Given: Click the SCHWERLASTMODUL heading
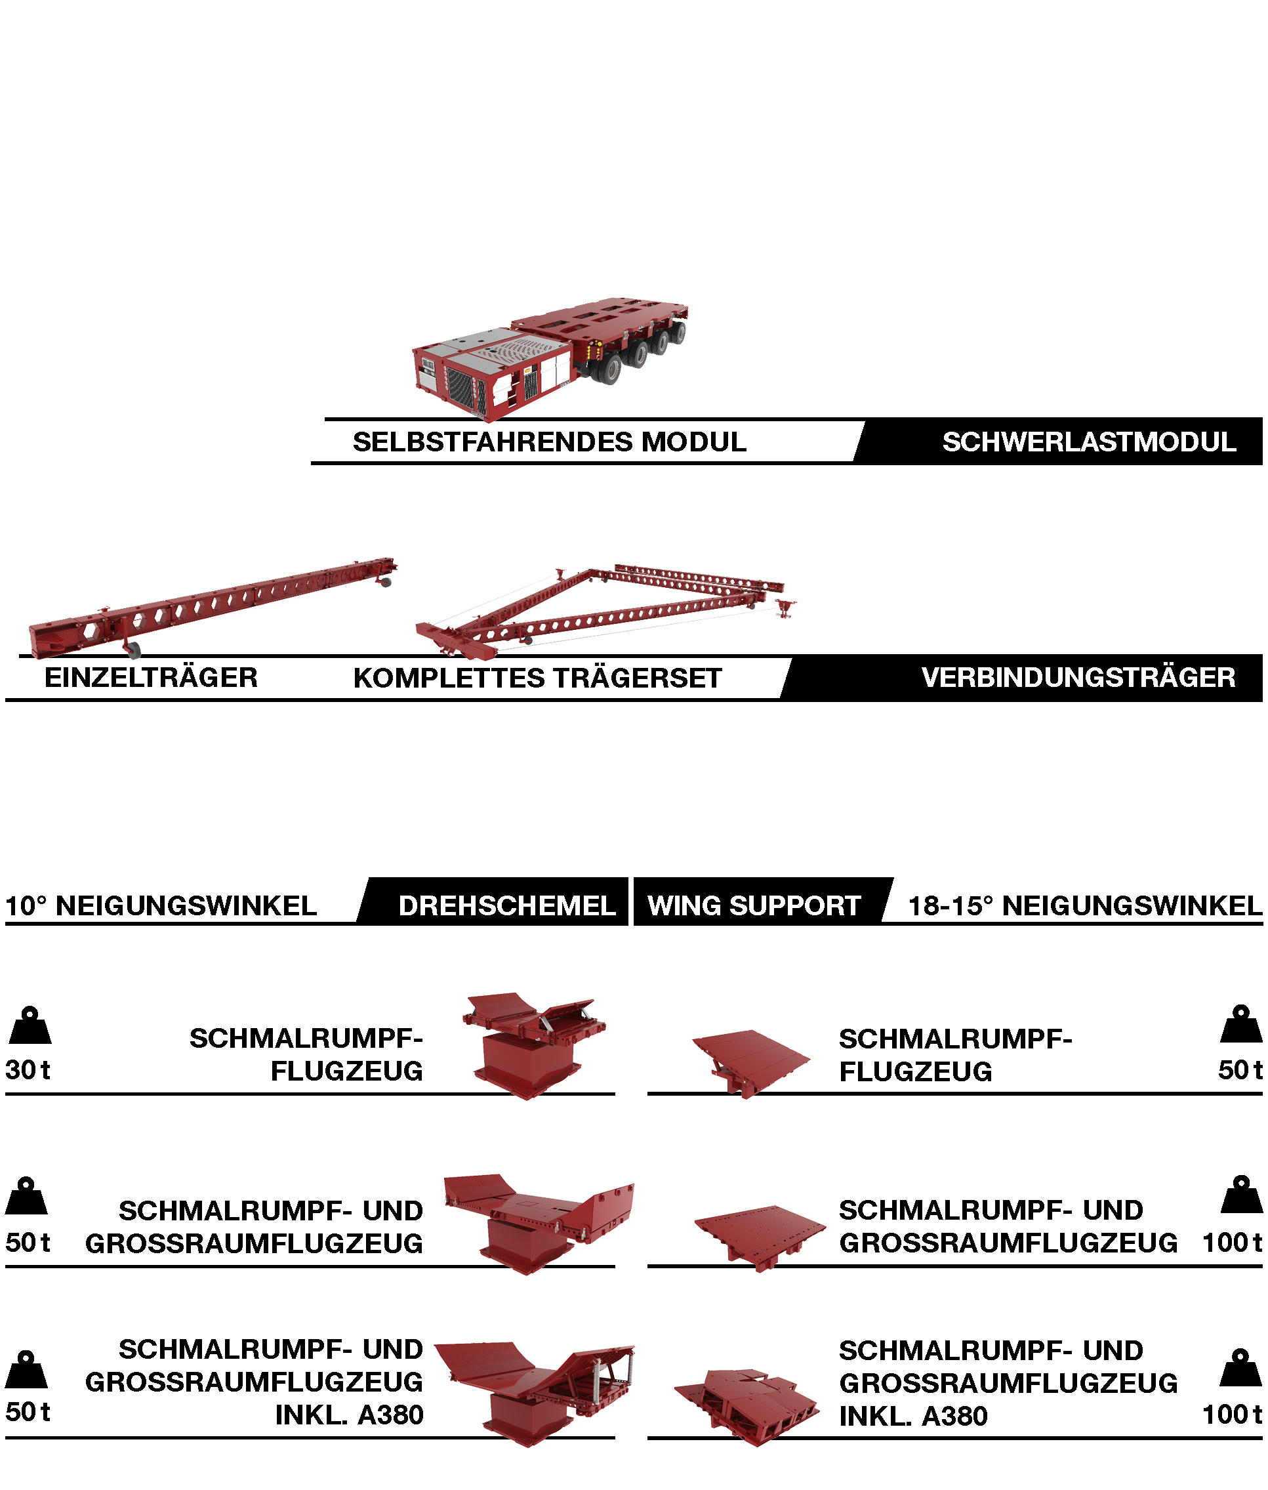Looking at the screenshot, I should [1088, 442].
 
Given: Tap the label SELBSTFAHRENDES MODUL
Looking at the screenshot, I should [549, 442].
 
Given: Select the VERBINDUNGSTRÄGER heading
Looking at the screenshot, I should [1078, 677].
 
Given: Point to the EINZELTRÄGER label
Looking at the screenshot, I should [151, 677].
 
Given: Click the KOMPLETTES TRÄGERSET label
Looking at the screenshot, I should [537, 678].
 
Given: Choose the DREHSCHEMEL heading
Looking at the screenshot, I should [507, 905].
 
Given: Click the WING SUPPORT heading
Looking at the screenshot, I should [754, 905].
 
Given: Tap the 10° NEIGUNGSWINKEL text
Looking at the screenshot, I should [161, 905].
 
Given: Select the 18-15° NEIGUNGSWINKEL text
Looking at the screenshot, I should [1085, 905].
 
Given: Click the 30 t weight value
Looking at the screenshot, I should [28, 1069].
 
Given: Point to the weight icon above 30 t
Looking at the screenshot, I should [30, 1025].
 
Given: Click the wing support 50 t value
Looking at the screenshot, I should [1239, 1069].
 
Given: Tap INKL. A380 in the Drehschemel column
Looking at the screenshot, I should [350, 1415].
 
